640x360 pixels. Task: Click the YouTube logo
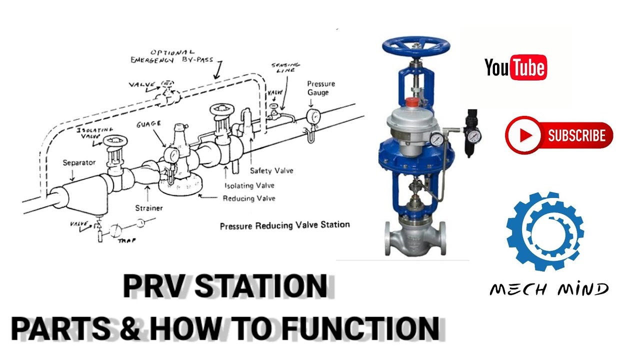515,67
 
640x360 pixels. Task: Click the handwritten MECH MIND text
549,289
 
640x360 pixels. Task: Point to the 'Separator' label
79,162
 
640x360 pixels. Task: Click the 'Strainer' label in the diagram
149,207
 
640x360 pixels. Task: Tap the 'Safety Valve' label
271,171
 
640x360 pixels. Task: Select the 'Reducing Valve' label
249,198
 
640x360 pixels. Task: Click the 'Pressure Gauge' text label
321,88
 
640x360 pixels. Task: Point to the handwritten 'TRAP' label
127,240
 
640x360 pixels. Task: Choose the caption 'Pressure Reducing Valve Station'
284,225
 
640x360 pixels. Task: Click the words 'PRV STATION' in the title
225,286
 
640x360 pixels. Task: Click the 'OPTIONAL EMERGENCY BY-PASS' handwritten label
171,56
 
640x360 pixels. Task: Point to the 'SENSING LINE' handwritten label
286,68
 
